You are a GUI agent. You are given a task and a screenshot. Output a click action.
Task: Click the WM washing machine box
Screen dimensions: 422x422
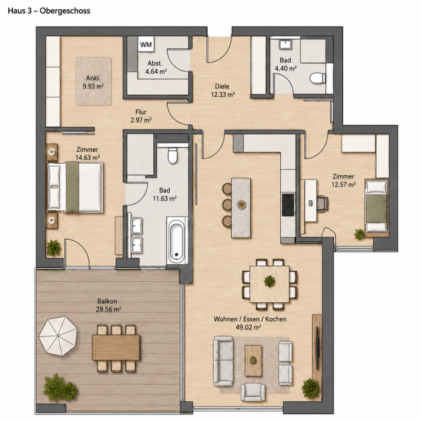[146, 45]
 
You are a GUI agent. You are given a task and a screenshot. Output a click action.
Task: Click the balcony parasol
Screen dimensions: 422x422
[58, 336]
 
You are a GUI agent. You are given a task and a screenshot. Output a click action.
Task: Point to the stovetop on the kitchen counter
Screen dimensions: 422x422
[288, 204]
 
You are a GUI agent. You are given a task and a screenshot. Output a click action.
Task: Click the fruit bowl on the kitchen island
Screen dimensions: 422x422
[242, 205]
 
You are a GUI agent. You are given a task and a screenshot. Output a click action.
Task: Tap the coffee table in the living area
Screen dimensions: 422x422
[253, 360]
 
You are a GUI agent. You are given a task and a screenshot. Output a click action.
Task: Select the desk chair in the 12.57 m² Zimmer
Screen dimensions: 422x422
[323, 202]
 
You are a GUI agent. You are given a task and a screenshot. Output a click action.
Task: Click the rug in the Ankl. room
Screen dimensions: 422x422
[93, 81]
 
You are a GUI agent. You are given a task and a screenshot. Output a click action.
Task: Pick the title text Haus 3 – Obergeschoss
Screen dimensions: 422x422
[49, 11]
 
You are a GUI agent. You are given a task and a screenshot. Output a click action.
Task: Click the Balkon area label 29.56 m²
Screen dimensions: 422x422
[108, 309]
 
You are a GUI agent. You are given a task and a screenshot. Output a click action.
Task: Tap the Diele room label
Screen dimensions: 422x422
[222, 86]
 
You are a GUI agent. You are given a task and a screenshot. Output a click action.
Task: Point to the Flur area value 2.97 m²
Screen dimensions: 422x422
[141, 120]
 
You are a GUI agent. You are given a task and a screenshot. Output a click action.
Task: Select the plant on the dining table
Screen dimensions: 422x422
[269, 281]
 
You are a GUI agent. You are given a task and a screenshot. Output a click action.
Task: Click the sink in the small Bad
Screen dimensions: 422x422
[285, 45]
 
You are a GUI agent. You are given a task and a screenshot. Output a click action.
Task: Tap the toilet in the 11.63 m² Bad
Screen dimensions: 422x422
[172, 156]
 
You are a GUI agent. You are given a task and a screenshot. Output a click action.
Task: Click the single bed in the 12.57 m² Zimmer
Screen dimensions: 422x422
[377, 206]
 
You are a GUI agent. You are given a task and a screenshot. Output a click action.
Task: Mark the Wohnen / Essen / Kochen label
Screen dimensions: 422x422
[250, 319]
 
